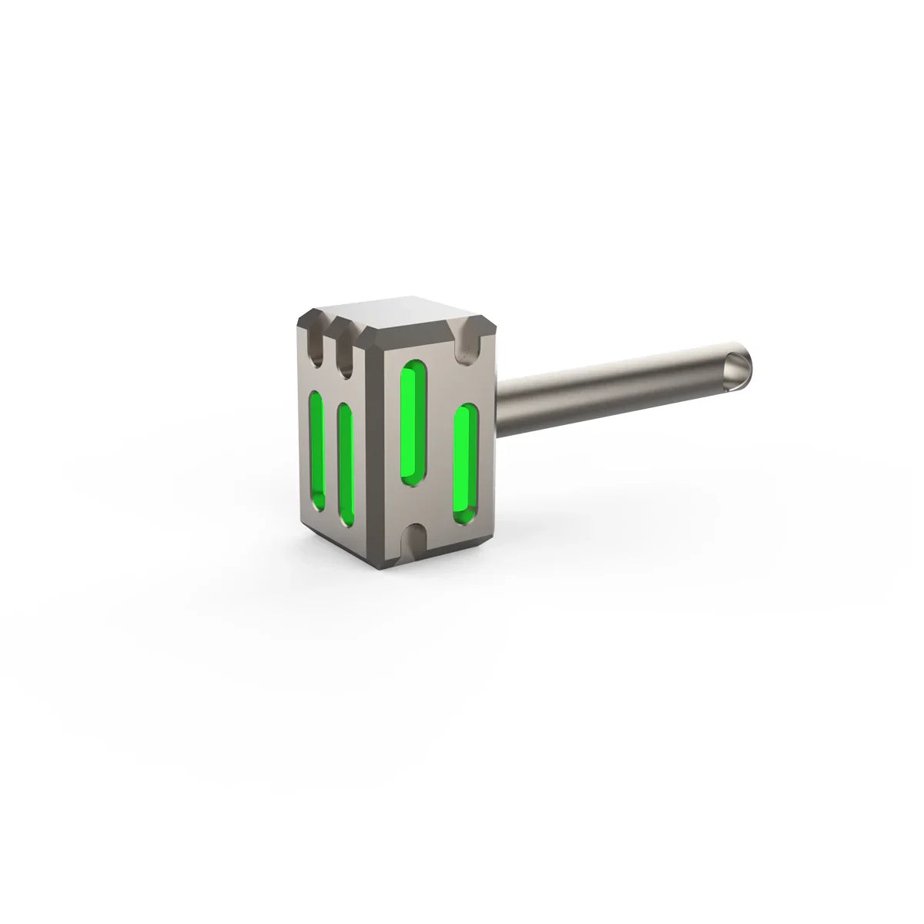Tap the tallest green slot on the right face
click(x=411, y=423)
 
